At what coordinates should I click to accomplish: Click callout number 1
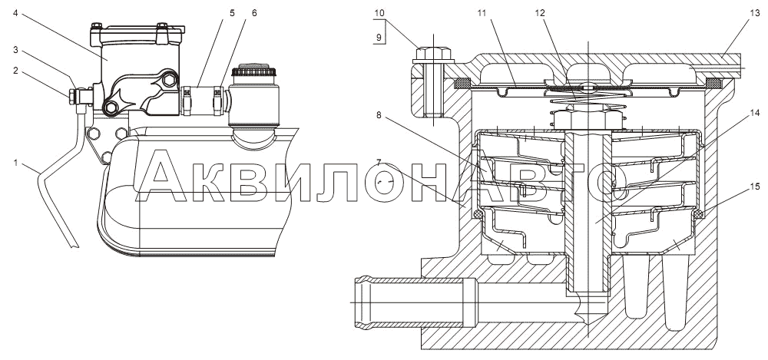tap(15, 163)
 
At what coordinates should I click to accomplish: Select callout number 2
tap(15, 71)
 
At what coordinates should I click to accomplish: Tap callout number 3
tap(15, 49)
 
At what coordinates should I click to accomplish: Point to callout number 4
tap(15, 13)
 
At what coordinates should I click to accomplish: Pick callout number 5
tap(232, 13)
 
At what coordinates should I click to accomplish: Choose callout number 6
tap(254, 13)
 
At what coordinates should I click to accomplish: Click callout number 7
tap(379, 162)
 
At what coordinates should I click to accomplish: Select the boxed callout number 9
tap(379, 36)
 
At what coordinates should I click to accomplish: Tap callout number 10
tap(379, 13)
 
